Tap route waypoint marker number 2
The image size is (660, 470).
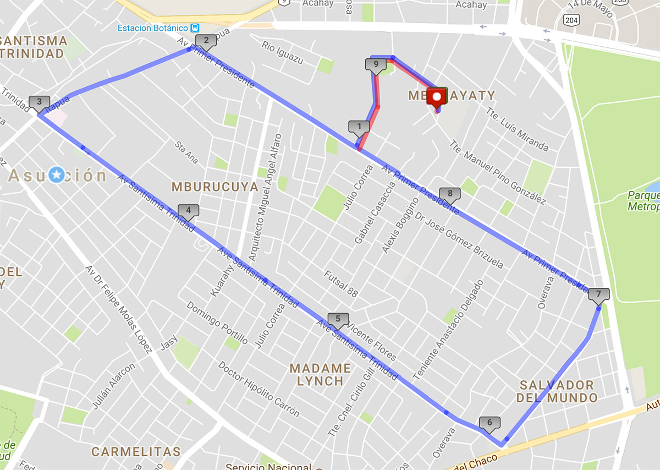point(206,40)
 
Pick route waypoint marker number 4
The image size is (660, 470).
point(188,210)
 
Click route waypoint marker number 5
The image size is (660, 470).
point(338,319)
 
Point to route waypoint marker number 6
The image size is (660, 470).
point(490,423)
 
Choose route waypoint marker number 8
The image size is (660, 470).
point(450,194)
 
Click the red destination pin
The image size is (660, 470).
point(437,99)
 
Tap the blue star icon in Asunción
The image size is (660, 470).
point(57,176)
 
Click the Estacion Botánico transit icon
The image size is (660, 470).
point(195,28)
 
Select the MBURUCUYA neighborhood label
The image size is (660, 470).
point(215,187)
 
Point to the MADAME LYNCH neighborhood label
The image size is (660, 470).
point(320,374)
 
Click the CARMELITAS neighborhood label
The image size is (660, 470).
point(136,452)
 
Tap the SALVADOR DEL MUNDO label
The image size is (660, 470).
point(557,391)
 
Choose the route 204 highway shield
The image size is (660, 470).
point(570,19)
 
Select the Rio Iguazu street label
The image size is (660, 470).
point(282,53)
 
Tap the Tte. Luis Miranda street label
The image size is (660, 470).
point(516,129)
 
